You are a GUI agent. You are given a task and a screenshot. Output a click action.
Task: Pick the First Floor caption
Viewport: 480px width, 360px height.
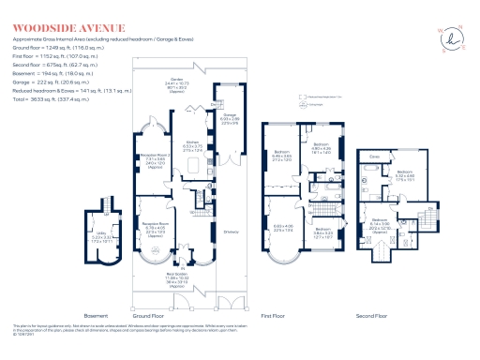tap(298, 315)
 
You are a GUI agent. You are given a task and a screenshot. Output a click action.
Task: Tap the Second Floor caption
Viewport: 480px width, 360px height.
tap(397, 315)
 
